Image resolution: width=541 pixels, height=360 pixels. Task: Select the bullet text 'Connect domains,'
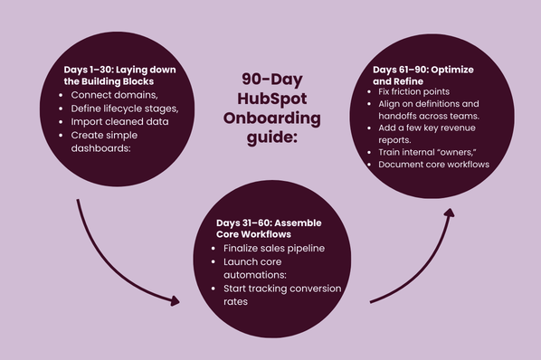point(112,95)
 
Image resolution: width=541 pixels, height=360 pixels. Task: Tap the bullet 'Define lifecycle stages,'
point(124,109)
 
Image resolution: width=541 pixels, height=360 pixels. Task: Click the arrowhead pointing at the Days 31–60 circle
point(174,301)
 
